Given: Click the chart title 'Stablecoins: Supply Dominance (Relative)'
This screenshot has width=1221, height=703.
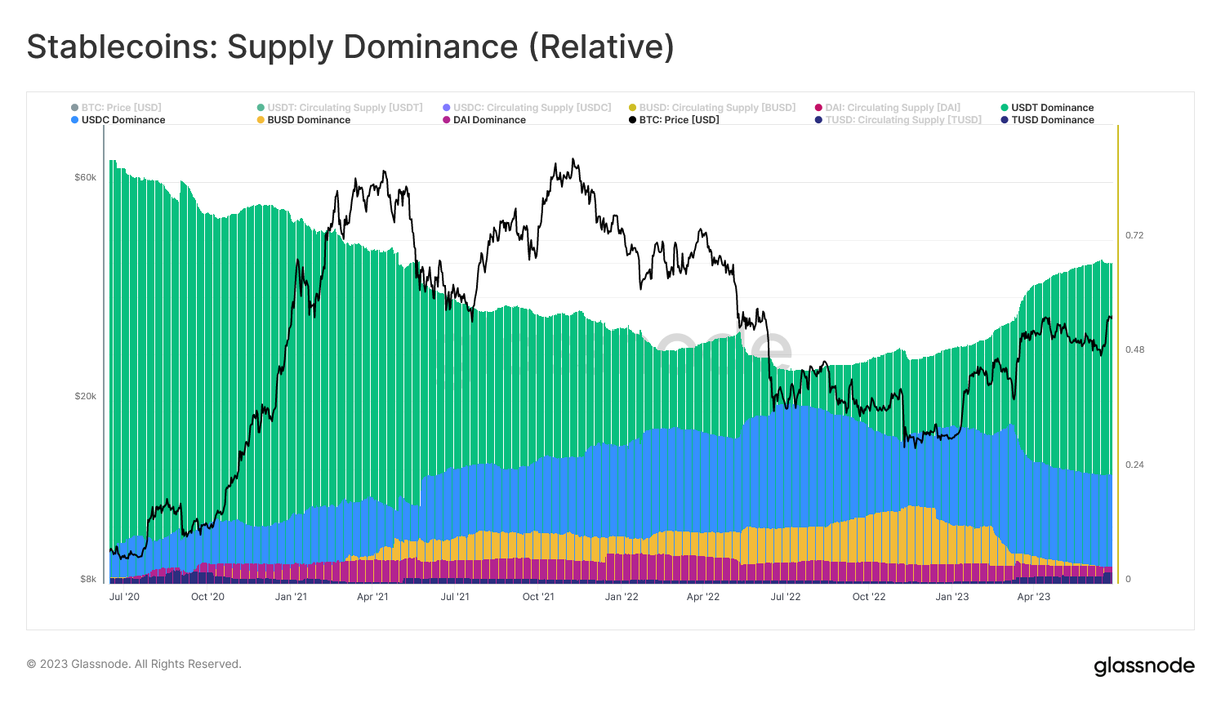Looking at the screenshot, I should [x=350, y=47].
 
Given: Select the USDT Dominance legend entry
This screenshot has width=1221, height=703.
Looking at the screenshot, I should [x=1052, y=108].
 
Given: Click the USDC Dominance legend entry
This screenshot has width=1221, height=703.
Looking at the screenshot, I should [x=123, y=120].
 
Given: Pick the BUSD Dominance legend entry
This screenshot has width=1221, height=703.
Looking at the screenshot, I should [x=309, y=120].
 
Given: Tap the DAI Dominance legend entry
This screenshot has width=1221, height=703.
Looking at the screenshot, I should [x=489, y=120].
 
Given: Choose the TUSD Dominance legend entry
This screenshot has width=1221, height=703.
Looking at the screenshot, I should [x=1052, y=120].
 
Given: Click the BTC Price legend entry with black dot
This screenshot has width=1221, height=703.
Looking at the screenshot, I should [x=679, y=120].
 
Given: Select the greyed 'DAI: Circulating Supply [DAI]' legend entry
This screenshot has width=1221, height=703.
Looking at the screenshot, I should [x=892, y=108].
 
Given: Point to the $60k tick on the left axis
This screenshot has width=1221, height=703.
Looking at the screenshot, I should [x=85, y=177].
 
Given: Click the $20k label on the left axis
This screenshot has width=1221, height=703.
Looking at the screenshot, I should [x=85, y=396].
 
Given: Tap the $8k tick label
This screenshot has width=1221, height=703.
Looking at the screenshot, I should [x=87, y=579].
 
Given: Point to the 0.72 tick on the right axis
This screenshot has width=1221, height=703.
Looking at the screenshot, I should [x=1134, y=235].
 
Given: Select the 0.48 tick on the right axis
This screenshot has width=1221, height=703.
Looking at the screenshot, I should [x=1134, y=349].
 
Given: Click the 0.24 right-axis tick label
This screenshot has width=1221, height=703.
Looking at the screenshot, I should [x=1134, y=465].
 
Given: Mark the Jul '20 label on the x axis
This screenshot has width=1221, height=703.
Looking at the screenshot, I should [x=124, y=597].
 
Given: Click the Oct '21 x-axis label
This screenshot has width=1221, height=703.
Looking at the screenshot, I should [x=538, y=597].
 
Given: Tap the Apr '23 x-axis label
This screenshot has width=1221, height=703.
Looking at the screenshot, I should [x=1033, y=597].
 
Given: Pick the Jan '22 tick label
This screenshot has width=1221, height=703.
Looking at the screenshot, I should [x=622, y=597].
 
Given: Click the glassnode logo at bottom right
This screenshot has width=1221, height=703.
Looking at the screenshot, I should [x=1143, y=666].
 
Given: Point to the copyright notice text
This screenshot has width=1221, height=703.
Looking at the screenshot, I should [x=134, y=664].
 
